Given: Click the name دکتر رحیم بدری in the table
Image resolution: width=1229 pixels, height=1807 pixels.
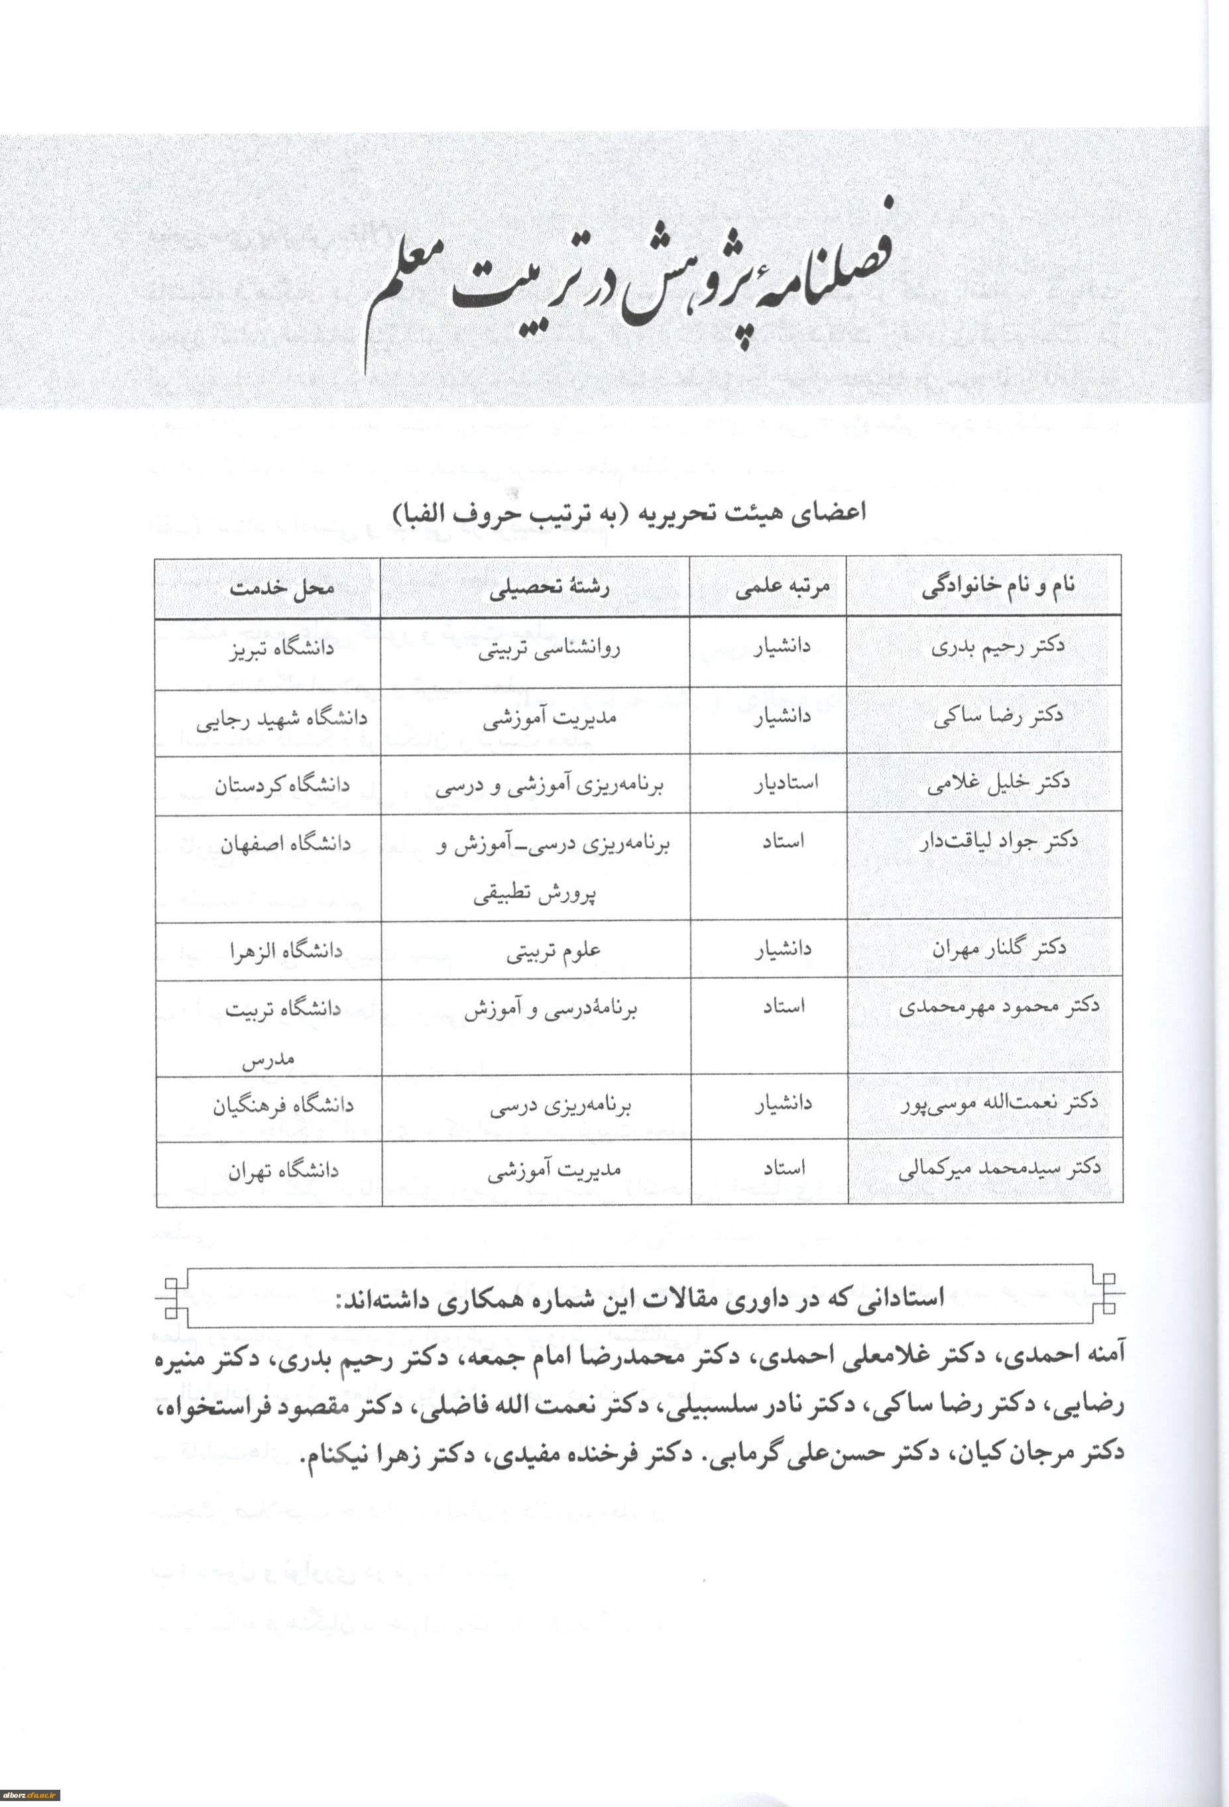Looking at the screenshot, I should [x=998, y=647].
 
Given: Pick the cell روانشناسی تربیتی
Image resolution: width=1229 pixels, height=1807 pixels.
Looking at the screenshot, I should [x=549, y=649].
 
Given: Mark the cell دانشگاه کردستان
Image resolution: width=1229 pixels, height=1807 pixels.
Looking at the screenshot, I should [x=282, y=786].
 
